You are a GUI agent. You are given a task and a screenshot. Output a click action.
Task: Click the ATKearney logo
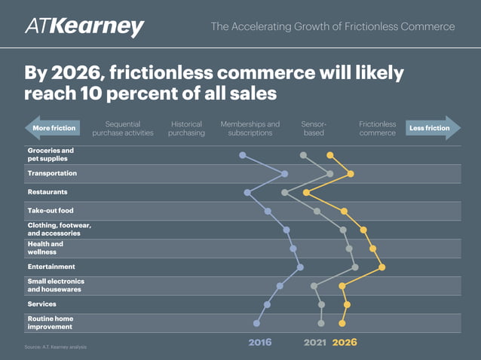coord(84,27)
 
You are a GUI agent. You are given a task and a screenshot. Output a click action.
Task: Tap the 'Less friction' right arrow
coord(432,128)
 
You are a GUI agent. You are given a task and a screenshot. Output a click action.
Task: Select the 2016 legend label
coord(259,342)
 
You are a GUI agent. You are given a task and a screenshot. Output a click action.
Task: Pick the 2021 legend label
coord(315,342)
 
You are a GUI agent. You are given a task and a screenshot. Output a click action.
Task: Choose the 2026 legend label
coord(345,342)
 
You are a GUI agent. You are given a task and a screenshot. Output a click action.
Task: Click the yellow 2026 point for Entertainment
coord(382,267)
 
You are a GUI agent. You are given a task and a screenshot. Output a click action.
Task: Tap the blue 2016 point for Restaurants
coord(247,192)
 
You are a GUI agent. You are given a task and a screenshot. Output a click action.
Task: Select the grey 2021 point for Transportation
coord(330,174)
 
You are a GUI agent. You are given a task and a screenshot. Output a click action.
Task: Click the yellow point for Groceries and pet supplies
coord(329,155)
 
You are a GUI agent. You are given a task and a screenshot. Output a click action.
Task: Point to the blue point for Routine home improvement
coord(257,323)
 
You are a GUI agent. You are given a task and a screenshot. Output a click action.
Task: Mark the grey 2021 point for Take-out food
coord(317,211)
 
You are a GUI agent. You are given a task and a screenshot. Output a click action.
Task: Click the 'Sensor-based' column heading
coord(314,128)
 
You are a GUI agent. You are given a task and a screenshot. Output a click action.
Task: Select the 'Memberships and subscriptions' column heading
coord(250,128)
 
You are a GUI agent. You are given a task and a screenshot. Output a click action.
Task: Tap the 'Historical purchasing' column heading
coord(186,128)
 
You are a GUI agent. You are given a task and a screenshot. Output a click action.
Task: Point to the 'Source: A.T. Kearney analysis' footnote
coord(56,347)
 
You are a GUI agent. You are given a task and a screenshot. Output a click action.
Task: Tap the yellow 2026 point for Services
coord(347,304)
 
